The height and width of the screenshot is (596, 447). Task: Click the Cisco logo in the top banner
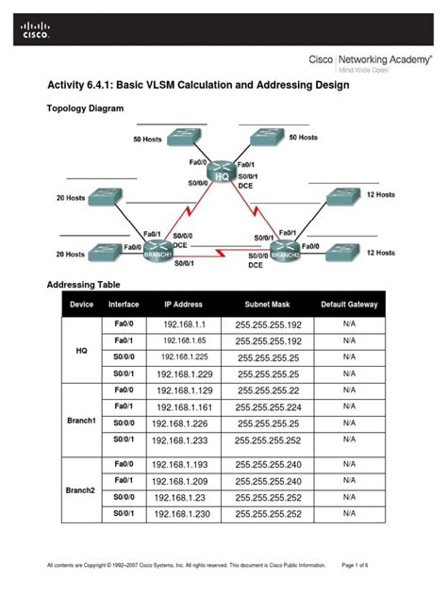coord(33,31)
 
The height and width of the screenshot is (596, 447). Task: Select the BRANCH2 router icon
coord(285,251)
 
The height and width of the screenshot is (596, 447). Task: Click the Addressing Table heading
coord(90,284)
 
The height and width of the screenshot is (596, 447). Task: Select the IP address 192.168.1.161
coord(186,406)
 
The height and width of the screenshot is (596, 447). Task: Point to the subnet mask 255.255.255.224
coord(269,406)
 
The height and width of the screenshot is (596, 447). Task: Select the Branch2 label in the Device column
coord(82,489)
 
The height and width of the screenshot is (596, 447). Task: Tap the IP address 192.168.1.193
coord(186,464)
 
